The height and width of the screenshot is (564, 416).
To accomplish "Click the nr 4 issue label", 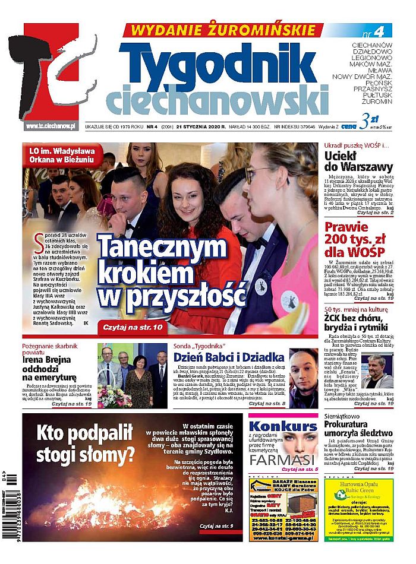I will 370,30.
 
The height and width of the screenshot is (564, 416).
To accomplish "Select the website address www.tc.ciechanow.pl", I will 51,125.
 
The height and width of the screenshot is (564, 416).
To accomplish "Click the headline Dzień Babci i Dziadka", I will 228,357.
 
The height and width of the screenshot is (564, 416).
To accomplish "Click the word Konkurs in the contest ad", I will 283,426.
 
